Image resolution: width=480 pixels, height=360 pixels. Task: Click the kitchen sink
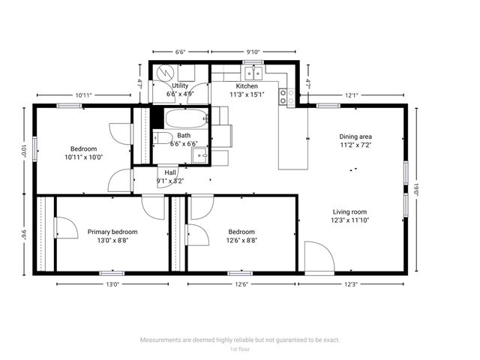click(253, 73)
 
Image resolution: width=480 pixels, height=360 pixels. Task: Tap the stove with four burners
click(286, 96)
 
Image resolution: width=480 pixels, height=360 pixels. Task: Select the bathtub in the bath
click(184, 118)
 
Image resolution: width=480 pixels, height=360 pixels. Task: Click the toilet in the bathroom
click(161, 139)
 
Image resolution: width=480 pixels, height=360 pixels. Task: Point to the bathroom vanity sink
click(199, 155)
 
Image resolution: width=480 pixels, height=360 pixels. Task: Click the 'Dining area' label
click(355, 136)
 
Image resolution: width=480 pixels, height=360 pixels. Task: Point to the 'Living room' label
click(351, 211)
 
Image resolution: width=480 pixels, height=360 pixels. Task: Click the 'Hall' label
click(170, 172)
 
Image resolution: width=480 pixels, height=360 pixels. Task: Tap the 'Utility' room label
click(180, 85)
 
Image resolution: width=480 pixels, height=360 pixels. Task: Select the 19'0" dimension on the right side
click(417, 189)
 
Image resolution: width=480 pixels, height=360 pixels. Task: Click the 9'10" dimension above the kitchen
click(253, 52)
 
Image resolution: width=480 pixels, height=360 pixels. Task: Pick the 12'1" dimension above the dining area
click(352, 95)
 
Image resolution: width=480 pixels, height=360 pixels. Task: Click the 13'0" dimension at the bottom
click(112, 284)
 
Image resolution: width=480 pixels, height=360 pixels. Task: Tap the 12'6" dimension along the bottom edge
click(241, 284)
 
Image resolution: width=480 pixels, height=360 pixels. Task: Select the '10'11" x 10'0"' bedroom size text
click(83, 157)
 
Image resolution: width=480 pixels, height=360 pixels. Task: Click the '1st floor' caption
click(239, 349)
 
